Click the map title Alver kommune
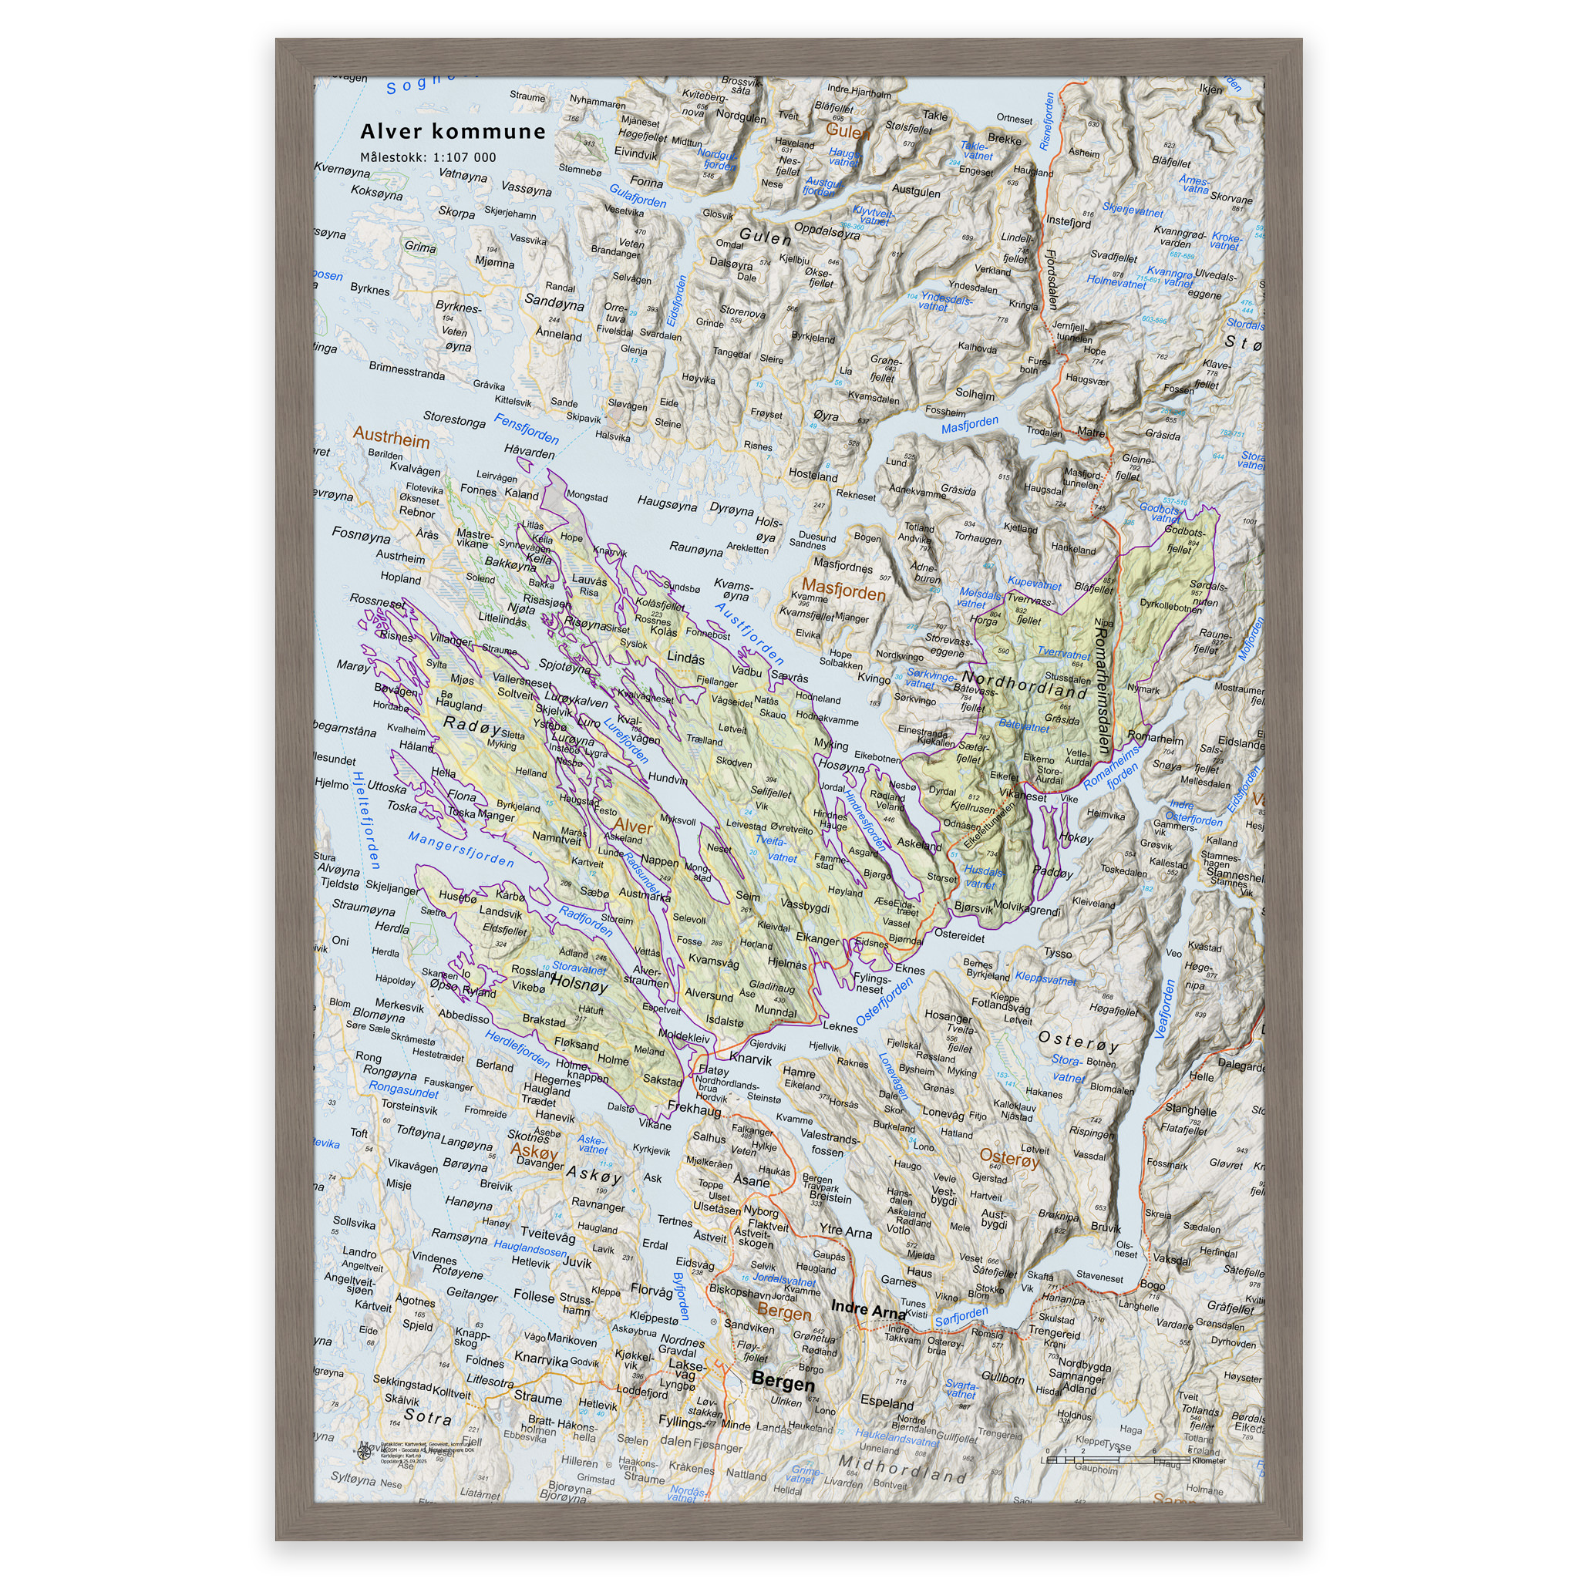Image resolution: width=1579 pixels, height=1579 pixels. [453, 132]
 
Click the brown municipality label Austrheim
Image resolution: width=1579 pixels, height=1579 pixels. [391, 438]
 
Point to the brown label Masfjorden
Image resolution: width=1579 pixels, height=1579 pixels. [843, 589]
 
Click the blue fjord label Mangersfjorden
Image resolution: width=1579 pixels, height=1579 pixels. [461, 850]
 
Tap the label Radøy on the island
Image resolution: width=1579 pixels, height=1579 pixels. [472, 725]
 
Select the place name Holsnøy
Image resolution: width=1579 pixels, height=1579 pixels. [579, 985]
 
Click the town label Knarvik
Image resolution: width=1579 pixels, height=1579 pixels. [749, 1059]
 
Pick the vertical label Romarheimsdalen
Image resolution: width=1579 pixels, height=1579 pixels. [1103, 690]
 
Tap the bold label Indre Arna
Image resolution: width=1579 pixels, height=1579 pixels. [868, 1310]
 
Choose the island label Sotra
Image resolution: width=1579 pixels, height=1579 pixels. [427, 1416]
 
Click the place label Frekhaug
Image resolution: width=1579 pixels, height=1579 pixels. [694, 1109]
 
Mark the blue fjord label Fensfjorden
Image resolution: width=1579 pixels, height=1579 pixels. [527, 428]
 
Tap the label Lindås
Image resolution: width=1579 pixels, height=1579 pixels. [685, 658]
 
